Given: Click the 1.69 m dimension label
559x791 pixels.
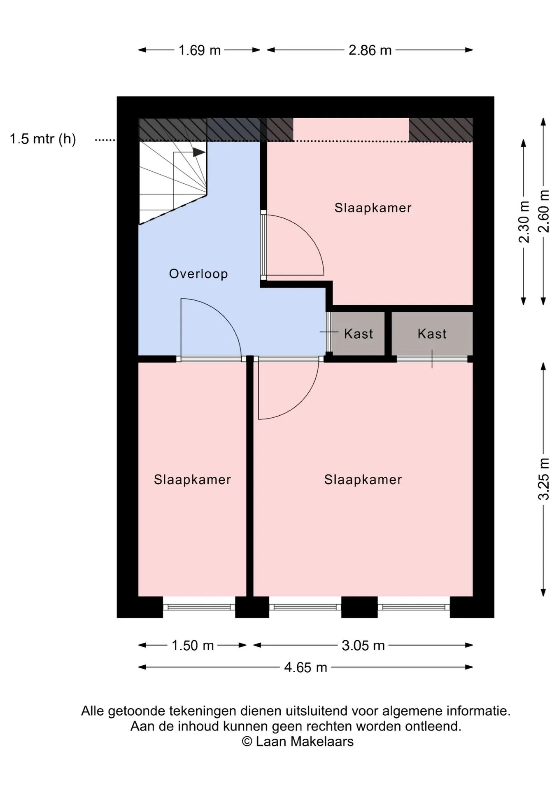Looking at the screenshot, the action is coord(200,50).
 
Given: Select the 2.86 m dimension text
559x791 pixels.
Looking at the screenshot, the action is coord(370,50).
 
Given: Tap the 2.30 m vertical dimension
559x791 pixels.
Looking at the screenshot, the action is coord(524,222).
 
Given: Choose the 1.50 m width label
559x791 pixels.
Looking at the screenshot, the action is coord(193,645).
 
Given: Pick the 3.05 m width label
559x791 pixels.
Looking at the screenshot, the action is coord(363,645).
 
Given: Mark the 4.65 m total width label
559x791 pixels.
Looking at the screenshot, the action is coord(305,667).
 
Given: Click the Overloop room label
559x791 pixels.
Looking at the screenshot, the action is coord(198,274).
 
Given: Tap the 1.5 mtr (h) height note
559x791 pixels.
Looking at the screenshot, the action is coord(43,139).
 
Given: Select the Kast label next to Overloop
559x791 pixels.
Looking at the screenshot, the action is coord(359,334).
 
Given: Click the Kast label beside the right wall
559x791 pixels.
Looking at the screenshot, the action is coord(432,334).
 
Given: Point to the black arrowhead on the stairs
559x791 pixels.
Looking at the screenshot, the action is coord(199,152).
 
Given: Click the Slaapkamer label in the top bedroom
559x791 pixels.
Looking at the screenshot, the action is coord(373,208).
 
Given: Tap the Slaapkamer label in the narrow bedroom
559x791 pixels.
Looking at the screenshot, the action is coord(192,480).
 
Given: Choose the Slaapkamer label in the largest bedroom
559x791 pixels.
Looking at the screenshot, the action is coord(363,480).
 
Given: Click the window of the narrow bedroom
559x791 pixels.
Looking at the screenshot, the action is coord(199,607).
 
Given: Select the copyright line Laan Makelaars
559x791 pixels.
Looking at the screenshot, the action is coord(298,742).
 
